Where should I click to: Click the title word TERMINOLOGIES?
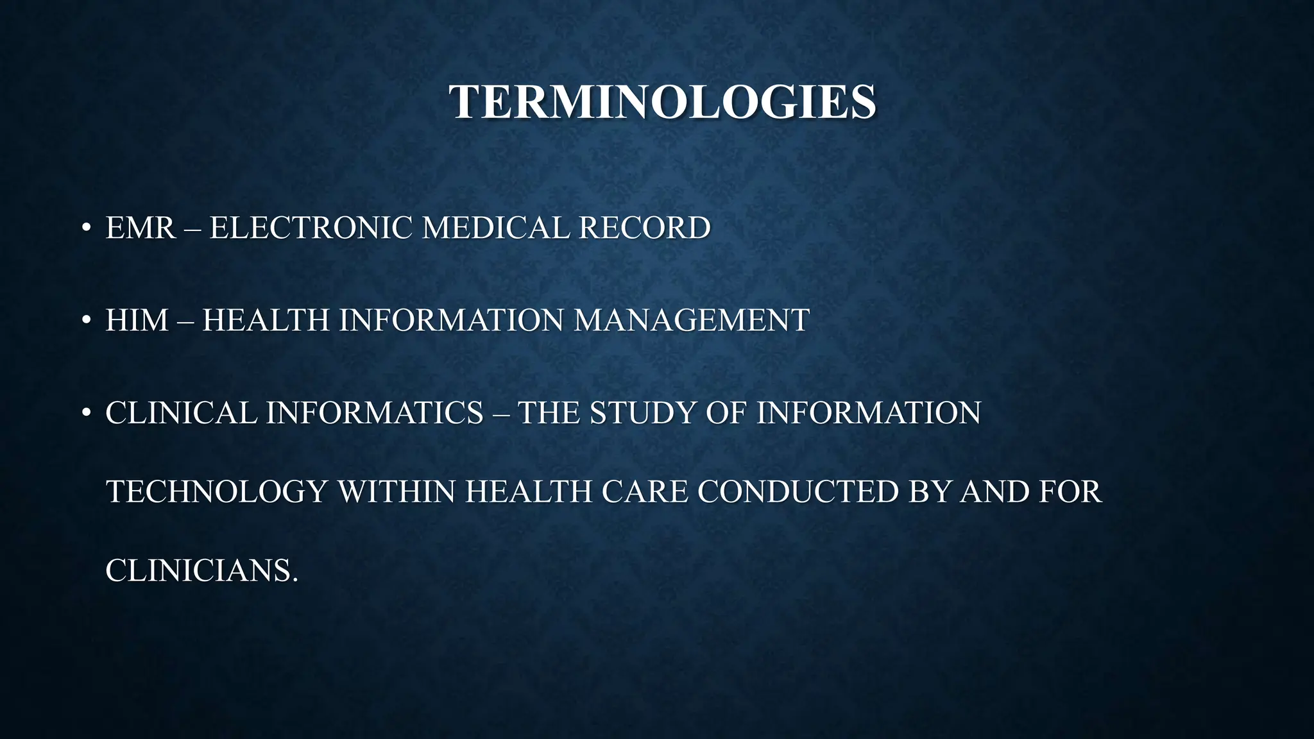tap(662, 102)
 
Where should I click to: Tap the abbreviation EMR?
tap(141, 228)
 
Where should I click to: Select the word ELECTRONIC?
tap(311, 228)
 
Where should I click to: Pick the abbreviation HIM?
tap(137, 320)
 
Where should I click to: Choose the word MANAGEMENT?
tap(691, 320)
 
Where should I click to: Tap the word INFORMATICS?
tap(374, 412)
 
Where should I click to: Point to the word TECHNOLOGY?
tap(217, 492)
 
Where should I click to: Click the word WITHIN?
tap(396, 492)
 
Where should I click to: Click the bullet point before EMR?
tap(85, 228)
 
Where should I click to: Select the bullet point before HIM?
tap(85, 320)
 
